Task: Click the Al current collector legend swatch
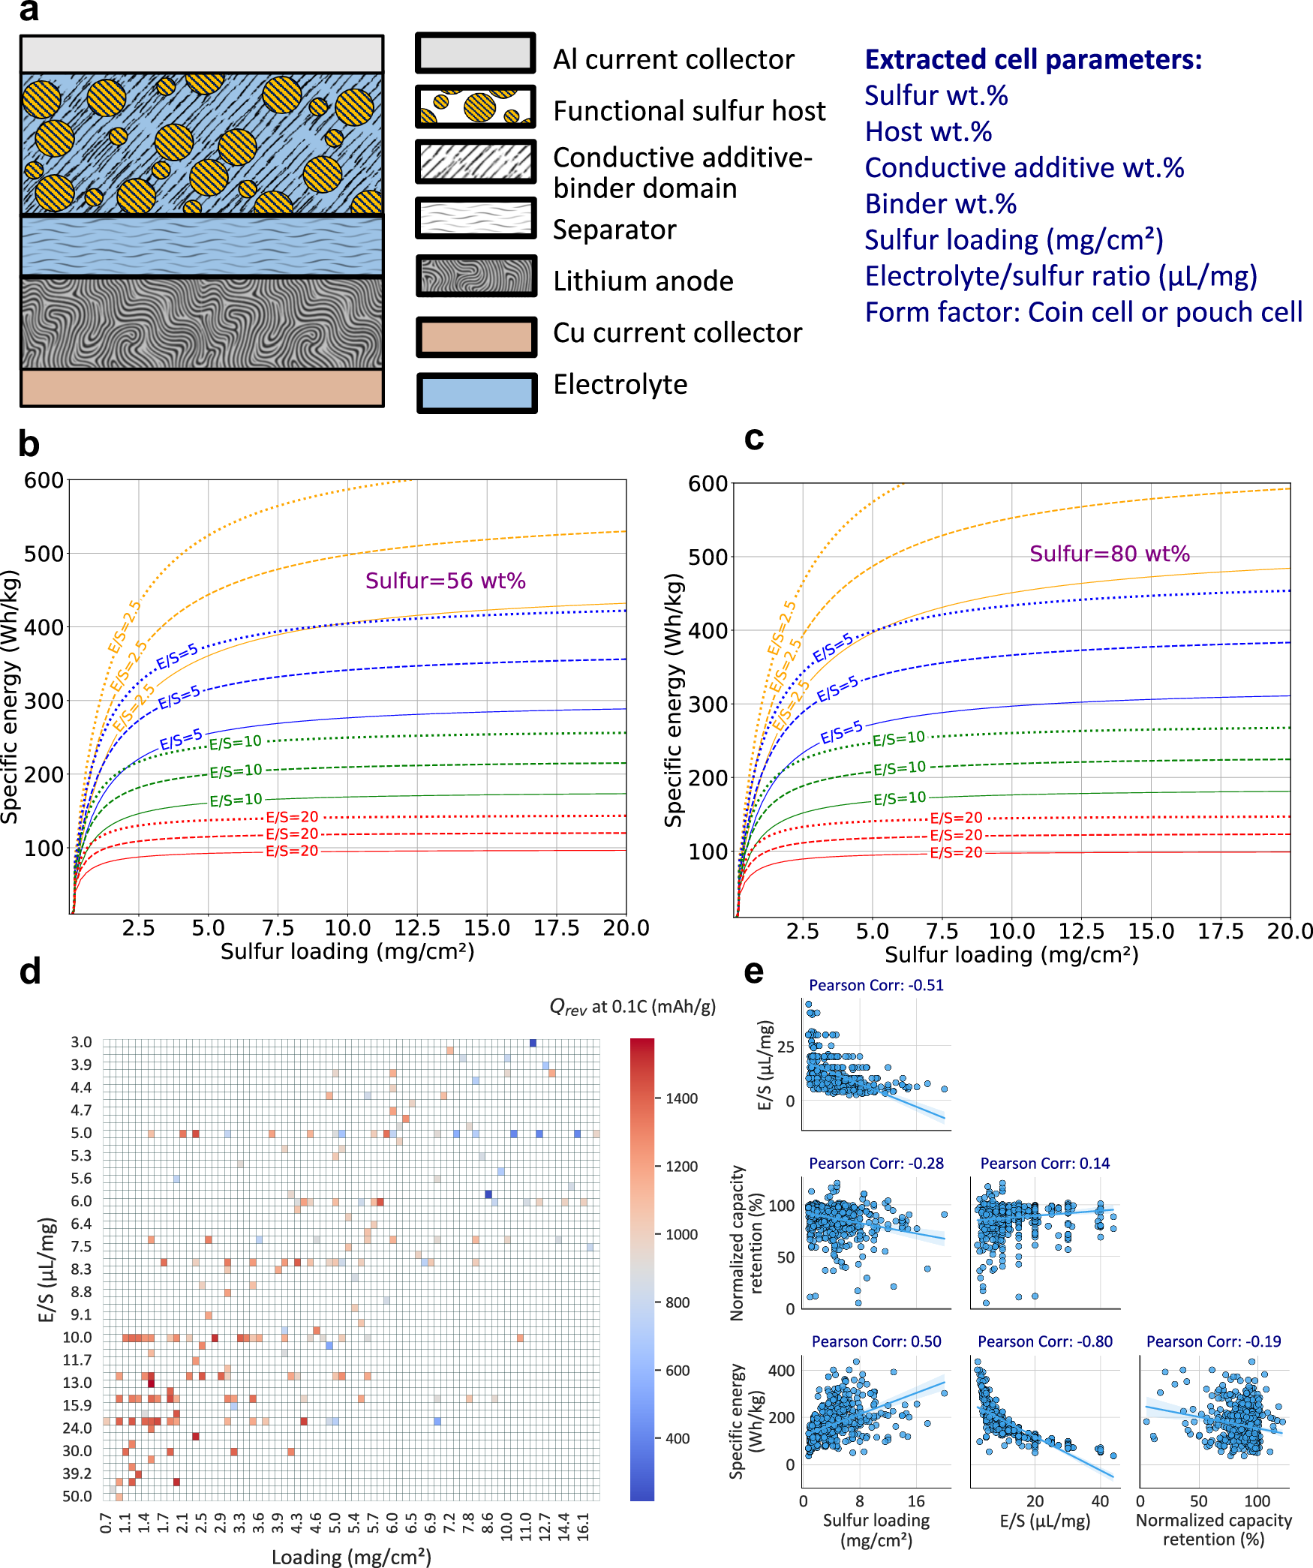(476, 53)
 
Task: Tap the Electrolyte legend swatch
(476, 392)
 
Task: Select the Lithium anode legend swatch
(476, 275)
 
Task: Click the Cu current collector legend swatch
(476, 336)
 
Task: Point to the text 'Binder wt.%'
(940, 204)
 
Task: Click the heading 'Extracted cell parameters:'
(1032, 59)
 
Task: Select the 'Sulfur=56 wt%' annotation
(445, 581)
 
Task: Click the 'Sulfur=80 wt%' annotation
(1109, 554)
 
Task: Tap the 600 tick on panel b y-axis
(44, 480)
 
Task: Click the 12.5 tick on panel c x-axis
(1081, 931)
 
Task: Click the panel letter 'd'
(29, 972)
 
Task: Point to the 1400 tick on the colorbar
(681, 1098)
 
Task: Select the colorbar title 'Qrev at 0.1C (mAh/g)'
(632, 1007)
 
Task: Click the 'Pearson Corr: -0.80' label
(1044, 1341)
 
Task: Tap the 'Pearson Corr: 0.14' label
(1044, 1164)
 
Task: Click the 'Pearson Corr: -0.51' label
(876, 985)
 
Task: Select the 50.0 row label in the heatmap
(77, 1496)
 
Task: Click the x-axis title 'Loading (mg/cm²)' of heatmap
(351, 1557)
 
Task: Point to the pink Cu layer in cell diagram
(202, 387)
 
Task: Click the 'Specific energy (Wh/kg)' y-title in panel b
(11, 698)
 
